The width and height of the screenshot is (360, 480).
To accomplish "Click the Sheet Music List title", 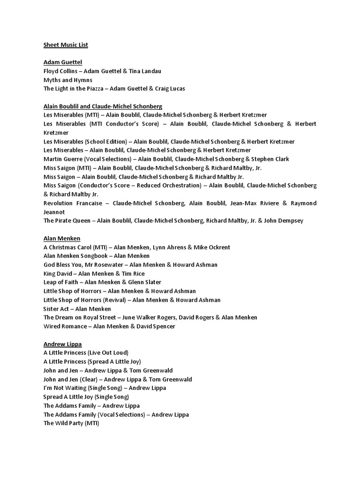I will tap(66, 45).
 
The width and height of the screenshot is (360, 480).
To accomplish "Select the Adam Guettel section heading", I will tap(63, 62).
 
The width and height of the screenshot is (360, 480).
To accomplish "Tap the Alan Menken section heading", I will tap(62, 238).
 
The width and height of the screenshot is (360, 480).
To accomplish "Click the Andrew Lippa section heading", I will tap(62, 344).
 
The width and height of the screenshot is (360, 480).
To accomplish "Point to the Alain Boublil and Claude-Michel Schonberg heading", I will tap(103, 106).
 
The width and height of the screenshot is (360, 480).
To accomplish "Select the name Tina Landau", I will tap(145, 71).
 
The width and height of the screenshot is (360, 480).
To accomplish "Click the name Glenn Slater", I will tap(145, 282).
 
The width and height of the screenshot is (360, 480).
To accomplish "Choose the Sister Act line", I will tap(77, 308).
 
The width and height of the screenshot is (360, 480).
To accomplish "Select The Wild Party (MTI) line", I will tap(71, 423).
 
